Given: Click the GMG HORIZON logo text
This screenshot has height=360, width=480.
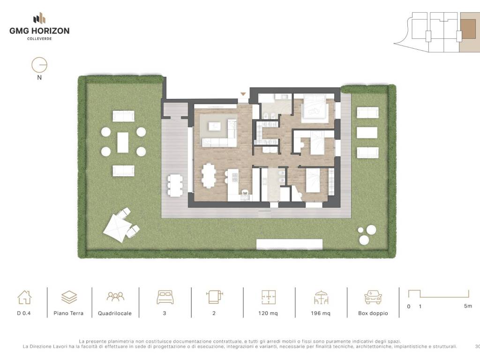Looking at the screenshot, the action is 39,30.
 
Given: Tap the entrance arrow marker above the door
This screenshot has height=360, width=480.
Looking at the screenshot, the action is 243,94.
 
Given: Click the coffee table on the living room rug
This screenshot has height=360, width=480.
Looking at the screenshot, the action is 215,126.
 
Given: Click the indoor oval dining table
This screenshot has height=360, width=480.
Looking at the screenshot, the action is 209,175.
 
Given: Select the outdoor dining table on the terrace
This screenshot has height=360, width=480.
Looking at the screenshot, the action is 175,185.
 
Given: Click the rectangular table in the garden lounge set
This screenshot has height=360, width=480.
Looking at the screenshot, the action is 123,142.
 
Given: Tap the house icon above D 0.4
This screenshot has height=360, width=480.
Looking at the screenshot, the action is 24,297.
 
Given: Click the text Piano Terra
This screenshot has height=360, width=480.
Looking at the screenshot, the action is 68,313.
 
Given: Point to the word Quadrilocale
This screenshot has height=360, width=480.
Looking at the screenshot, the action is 115,313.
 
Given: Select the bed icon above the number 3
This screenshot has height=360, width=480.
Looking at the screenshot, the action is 165,297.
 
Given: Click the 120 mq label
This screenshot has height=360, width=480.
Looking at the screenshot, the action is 268,313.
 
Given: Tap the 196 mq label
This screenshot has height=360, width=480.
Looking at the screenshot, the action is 321,313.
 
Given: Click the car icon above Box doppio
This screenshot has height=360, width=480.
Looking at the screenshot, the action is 373,297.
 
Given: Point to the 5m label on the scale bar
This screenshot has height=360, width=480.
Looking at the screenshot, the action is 468,306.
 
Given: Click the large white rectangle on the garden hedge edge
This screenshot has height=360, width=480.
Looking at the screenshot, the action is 289,244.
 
